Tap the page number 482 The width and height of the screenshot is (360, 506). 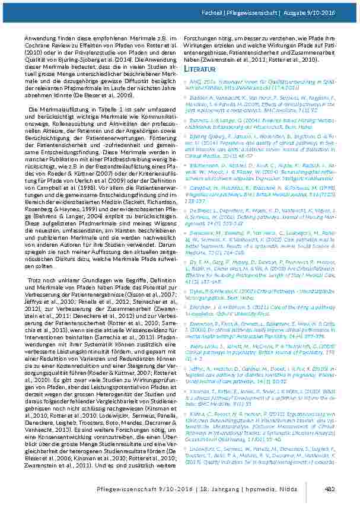click(331, 488)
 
